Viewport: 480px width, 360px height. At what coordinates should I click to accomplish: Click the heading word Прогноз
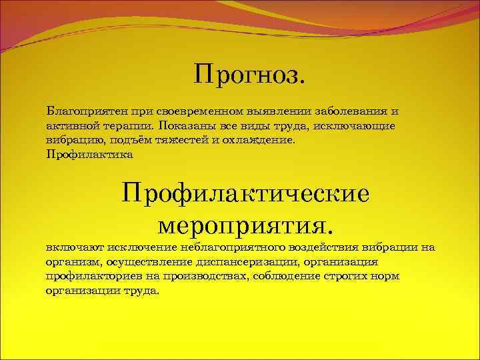[250, 75]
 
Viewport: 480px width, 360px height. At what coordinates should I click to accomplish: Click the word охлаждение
[264, 140]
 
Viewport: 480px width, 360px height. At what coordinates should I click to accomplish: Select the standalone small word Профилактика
[90, 155]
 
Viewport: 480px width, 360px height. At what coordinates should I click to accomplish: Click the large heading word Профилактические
[245, 195]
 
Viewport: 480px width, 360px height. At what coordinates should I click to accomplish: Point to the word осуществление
[137, 262]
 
